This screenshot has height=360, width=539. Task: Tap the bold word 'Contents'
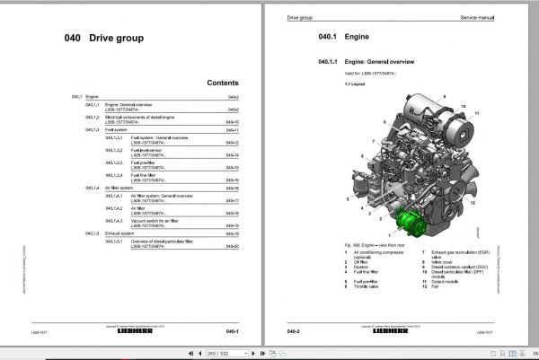pyautogui.click(x=222, y=83)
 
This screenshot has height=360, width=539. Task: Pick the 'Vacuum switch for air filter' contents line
pyautogui.click(x=161, y=218)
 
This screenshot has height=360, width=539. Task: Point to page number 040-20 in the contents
pyautogui.click(x=232, y=245)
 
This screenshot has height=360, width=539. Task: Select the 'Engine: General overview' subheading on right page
pyautogui.click(x=360, y=62)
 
